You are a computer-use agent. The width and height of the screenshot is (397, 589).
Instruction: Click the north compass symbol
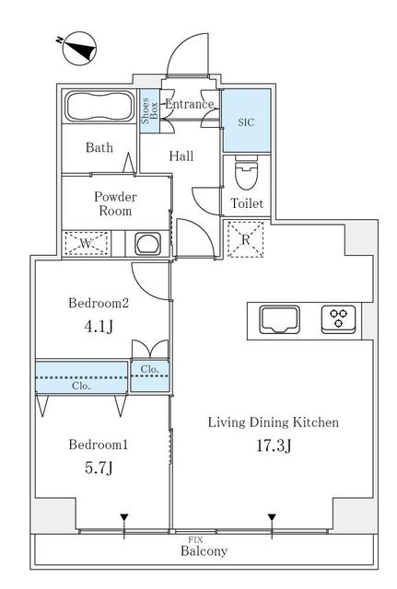click(x=79, y=49)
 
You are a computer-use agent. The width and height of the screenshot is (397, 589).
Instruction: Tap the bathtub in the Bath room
click(x=99, y=107)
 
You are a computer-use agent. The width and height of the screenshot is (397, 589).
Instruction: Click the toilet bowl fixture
click(x=246, y=173)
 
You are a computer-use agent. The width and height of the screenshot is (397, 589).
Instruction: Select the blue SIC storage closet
click(x=247, y=121)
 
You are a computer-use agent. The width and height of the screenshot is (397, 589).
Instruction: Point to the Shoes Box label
click(x=149, y=110)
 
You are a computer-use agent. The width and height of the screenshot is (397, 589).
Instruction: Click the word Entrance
click(x=190, y=104)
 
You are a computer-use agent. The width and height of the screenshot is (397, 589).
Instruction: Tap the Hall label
click(x=181, y=156)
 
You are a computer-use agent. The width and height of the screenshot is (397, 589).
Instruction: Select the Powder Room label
click(x=115, y=203)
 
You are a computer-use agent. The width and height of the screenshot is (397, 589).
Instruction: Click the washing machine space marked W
click(x=87, y=244)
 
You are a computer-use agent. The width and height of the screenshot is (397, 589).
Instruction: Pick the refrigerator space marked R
click(x=246, y=239)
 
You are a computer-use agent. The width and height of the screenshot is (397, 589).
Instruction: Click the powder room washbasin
click(x=147, y=244)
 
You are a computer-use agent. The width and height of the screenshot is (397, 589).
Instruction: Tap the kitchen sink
click(x=280, y=320)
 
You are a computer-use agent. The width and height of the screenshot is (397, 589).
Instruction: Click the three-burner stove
click(x=338, y=319)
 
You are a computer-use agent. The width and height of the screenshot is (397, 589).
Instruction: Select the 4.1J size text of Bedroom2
click(x=99, y=326)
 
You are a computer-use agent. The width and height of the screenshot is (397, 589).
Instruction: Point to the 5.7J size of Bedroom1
click(x=99, y=468)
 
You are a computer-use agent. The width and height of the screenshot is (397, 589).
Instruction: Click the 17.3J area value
click(x=274, y=445)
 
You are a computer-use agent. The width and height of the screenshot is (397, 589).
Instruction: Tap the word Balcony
click(x=204, y=551)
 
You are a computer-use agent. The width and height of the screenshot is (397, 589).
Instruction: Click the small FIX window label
click(x=195, y=540)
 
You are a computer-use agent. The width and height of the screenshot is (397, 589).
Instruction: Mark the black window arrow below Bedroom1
click(x=124, y=518)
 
